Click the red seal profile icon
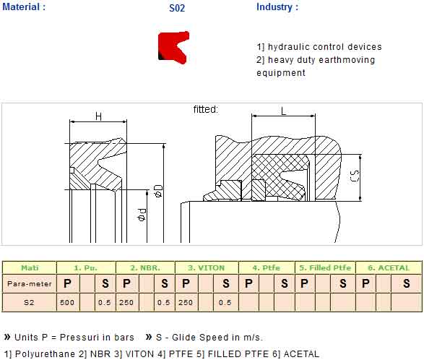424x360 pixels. pos(173,48)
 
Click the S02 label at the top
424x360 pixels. pos(177,8)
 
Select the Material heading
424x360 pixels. pos(24,7)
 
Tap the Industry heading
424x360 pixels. pos(277,7)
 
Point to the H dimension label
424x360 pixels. pos(99,116)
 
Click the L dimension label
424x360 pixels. pos(283,111)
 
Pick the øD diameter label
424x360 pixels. pos(158,191)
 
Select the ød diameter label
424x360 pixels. pos(142,215)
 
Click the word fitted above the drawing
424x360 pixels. pos(206,109)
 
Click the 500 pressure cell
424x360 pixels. pos(67,302)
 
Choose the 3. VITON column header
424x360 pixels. pos(207,268)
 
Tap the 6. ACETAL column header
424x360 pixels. pos(389,268)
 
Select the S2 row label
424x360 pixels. pos(29,302)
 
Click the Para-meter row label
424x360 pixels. pos(30,283)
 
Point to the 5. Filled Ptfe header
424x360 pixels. pos(325,268)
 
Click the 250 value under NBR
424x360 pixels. pos(126,302)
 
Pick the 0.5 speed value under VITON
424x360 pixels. pos(225,302)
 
